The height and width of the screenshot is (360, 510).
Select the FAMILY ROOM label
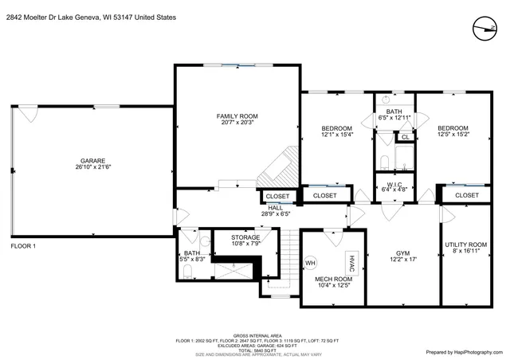[x=237, y=116]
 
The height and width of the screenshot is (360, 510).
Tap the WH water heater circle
[x=311, y=263]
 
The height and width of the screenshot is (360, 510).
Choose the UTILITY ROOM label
[x=466, y=245]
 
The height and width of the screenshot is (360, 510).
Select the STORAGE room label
[x=245, y=237]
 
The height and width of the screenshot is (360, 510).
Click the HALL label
[x=275, y=208]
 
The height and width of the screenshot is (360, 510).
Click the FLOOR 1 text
[x=23, y=247]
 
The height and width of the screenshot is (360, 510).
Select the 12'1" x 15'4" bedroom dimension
[x=336, y=135]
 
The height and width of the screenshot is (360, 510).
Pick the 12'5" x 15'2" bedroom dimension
[x=452, y=135]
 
